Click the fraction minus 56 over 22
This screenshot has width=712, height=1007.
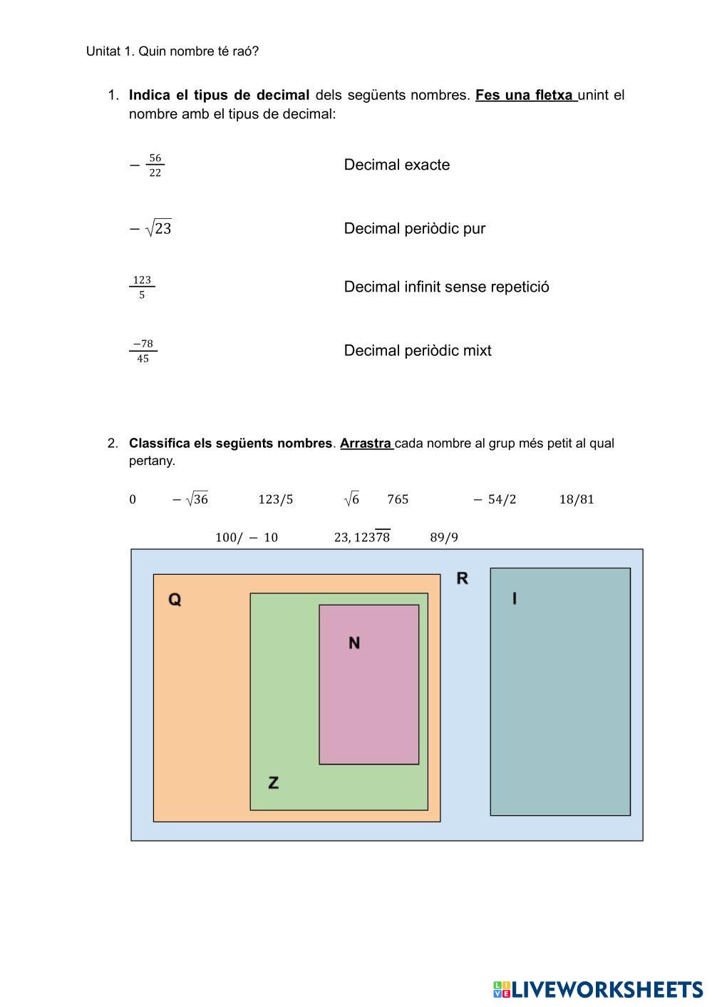(147, 165)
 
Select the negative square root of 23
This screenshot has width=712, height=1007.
(150, 228)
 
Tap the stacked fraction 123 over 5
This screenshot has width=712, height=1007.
(142, 287)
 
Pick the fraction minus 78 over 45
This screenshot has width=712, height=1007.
(143, 351)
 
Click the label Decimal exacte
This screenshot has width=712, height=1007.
(397, 165)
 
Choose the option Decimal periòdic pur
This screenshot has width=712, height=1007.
(415, 228)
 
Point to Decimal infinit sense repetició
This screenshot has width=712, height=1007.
(447, 287)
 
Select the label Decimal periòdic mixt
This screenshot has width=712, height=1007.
(418, 350)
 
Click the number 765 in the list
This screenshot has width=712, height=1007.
(398, 499)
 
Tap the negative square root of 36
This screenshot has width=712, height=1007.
(190, 499)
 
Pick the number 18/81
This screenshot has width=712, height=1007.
(577, 499)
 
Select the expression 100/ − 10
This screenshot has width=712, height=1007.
(247, 537)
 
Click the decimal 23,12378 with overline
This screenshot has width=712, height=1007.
(362, 536)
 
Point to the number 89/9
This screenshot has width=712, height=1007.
(444, 537)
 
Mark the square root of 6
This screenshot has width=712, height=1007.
(352, 499)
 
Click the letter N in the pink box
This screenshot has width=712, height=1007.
(354, 643)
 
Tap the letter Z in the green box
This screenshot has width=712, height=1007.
(273, 782)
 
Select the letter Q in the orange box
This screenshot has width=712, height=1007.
(175, 599)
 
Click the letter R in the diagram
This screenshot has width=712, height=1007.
(463, 578)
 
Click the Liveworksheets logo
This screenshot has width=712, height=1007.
(598, 990)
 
